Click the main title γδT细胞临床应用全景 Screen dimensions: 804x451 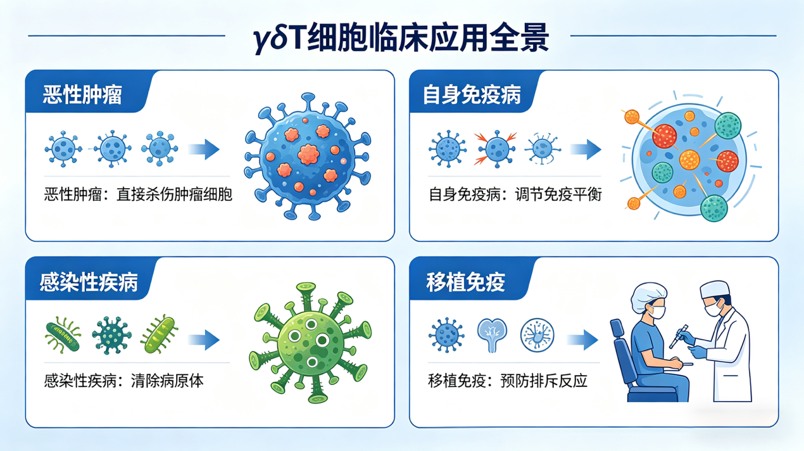click(401, 37)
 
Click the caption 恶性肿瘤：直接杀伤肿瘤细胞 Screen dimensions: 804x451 click(138, 194)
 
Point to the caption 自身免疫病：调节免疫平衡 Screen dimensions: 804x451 click(515, 194)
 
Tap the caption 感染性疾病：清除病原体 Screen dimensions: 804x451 click(124, 381)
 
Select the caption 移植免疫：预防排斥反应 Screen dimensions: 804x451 click(508, 381)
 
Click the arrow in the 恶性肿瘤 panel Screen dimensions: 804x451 click(203, 149)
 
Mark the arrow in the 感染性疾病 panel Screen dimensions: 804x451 click(203, 340)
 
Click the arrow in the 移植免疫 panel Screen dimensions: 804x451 click(582, 340)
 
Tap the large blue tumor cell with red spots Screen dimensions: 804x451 click(307, 156)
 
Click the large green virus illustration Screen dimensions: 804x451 click(310, 343)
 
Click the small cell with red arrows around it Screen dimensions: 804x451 click(496, 149)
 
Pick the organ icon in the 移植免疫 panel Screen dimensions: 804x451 click(492, 335)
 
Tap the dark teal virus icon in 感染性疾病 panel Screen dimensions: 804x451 click(111, 335)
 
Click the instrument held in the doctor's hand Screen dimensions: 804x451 click(679, 336)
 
